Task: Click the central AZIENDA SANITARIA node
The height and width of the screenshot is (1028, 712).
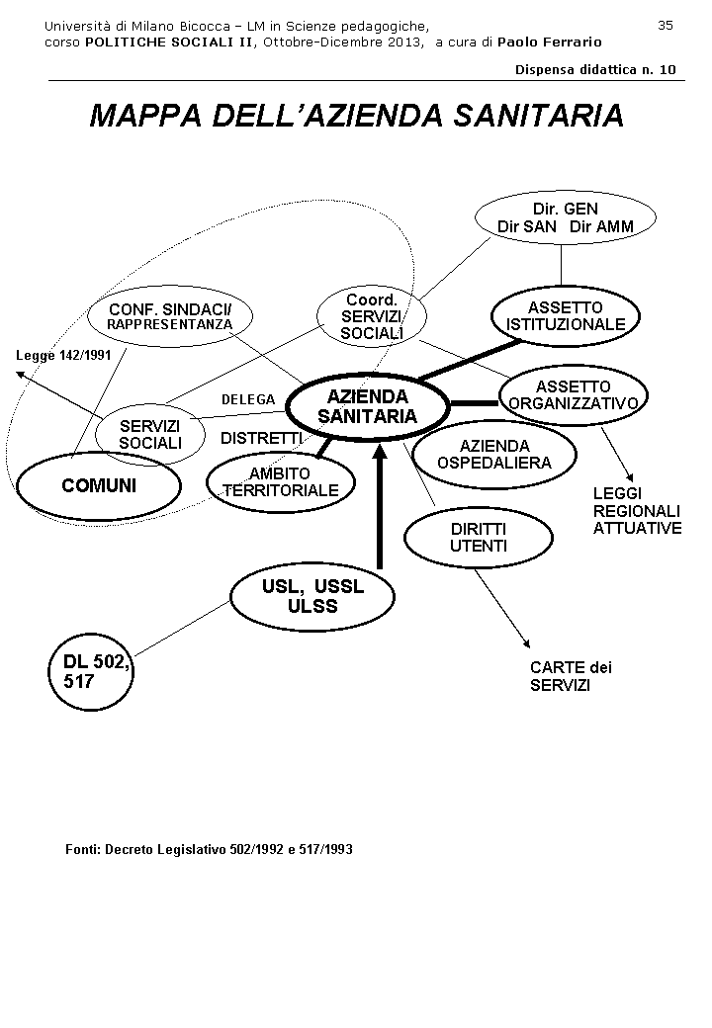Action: (x=367, y=406)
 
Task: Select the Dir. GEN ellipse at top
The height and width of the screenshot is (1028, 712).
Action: (x=565, y=217)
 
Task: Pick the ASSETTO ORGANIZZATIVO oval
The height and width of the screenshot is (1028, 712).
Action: (x=574, y=394)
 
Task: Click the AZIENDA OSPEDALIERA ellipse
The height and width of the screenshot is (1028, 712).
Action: (x=494, y=454)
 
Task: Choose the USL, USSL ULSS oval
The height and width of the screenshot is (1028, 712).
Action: (x=312, y=596)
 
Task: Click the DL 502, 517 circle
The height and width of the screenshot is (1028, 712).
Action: (x=90, y=672)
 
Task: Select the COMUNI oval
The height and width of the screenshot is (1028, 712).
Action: (x=99, y=485)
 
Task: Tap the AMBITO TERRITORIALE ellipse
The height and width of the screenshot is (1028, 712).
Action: (x=280, y=481)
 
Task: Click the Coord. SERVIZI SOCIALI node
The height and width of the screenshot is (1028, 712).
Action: (x=372, y=316)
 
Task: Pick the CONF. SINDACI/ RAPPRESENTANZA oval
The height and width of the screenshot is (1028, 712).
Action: (x=170, y=316)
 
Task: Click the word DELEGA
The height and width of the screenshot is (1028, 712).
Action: (x=248, y=399)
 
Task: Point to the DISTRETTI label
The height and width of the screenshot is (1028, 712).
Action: (x=260, y=438)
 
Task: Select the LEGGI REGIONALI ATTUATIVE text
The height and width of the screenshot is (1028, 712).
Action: (x=637, y=510)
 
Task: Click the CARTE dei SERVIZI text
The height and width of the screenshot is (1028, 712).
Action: (x=571, y=676)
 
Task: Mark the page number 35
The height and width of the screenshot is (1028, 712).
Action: (x=665, y=25)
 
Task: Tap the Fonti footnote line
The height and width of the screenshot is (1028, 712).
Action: (x=209, y=849)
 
